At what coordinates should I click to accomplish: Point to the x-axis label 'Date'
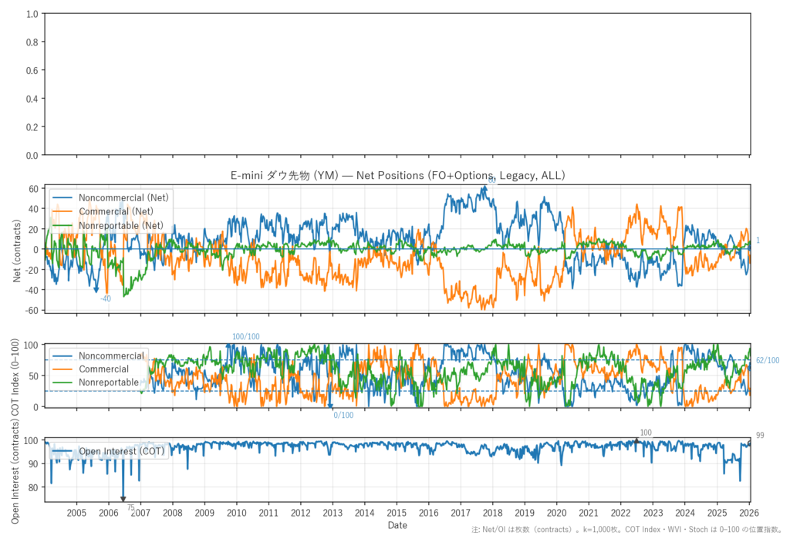(x=398, y=525)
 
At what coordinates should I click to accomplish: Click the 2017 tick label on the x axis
(x=461, y=513)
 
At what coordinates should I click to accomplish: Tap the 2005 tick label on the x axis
(x=76, y=513)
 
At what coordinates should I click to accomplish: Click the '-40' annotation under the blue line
(x=106, y=298)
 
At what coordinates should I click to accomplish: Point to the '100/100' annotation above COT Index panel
(x=246, y=337)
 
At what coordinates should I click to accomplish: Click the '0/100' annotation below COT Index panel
(x=343, y=416)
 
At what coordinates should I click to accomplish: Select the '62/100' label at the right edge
(x=768, y=361)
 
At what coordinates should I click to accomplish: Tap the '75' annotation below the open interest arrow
(x=131, y=507)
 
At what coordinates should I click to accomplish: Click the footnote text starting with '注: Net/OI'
(x=617, y=531)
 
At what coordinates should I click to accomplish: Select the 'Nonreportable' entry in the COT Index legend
(x=109, y=382)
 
